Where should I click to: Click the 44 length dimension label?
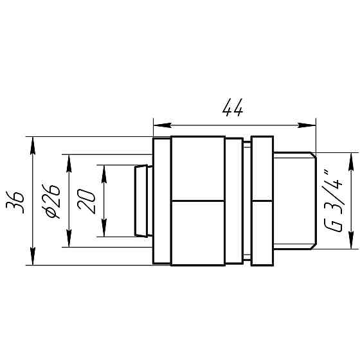[233, 108]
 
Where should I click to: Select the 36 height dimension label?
[15, 203]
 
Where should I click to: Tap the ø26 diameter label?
[51, 201]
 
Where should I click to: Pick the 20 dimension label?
[86, 201]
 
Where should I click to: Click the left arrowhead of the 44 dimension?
[162, 125]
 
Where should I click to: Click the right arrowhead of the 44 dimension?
[307, 125]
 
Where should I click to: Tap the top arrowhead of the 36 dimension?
[33, 145]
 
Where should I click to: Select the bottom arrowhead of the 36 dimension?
[33, 256]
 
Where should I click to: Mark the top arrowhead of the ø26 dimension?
[69, 163]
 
